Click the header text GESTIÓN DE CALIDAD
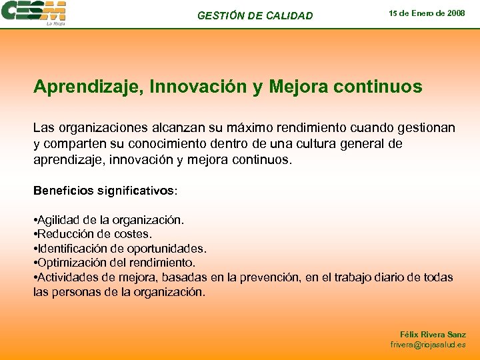point(255,15)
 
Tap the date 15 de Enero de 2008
point(427,13)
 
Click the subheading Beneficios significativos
point(105,191)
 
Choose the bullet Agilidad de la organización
point(109,219)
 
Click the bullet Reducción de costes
point(93,234)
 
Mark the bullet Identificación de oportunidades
point(120,249)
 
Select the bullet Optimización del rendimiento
point(115,263)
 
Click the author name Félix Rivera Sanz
point(433,335)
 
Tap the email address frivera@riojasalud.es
point(428,345)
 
